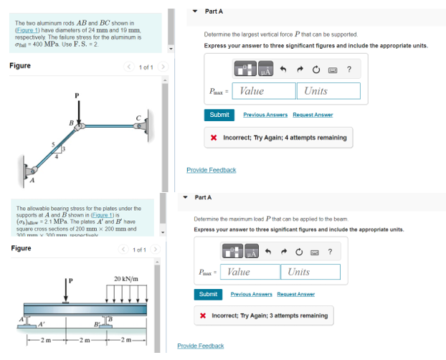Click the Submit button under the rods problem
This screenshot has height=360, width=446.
pyautogui.click(x=219, y=115)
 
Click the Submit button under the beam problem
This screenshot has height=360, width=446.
pyautogui.click(x=208, y=294)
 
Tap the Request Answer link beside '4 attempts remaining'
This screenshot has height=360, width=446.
pyautogui.click(x=313, y=115)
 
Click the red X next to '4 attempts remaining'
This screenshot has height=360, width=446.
pyautogui.click(x=214, y=138)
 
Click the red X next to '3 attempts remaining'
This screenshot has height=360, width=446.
pyautogui.click(x=204, y=316)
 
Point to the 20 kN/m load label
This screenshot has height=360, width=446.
pyautogui.click(x=126, y=278)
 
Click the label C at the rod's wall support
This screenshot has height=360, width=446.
pyautogui.click(x=138, y=118)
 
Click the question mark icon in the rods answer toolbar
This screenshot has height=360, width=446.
pyautogui.click(x=348, y=70)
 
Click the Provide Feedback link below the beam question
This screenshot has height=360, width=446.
pyautogui.click(x=200, y=346)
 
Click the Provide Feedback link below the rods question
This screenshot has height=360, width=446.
pyautogui.click(x=211, y=170)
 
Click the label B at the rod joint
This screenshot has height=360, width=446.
pyautogui.click(x=71, y=123)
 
